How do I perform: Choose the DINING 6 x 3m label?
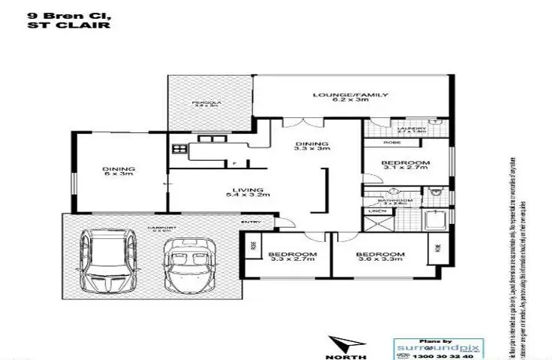pos(118,173)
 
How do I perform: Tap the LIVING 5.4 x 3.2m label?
pos(246,193)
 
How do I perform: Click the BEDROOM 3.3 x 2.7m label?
pos(292,259)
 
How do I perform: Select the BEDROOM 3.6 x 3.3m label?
pos(380,259)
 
